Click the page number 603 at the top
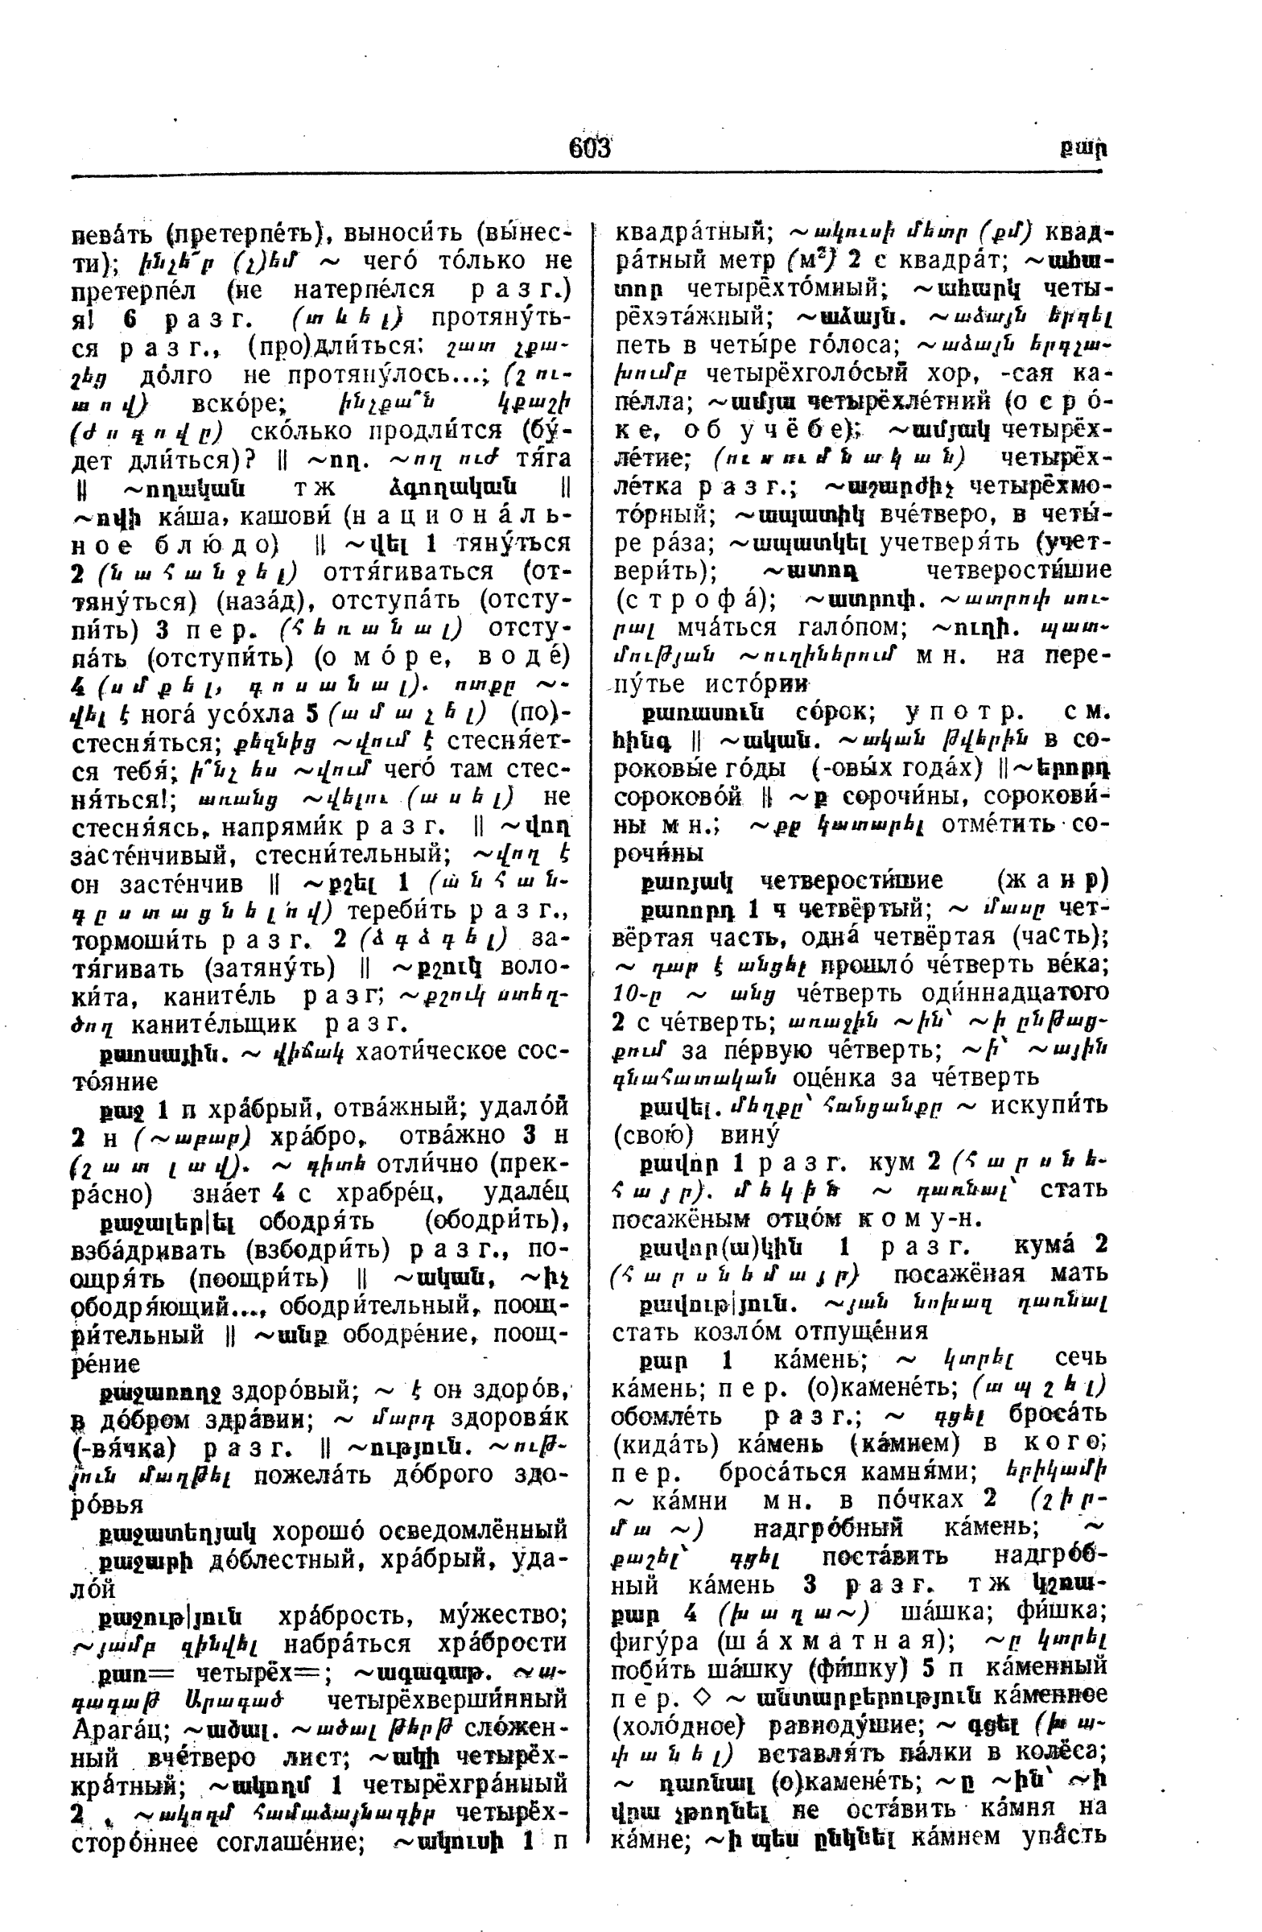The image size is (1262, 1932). pos(589,149)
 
